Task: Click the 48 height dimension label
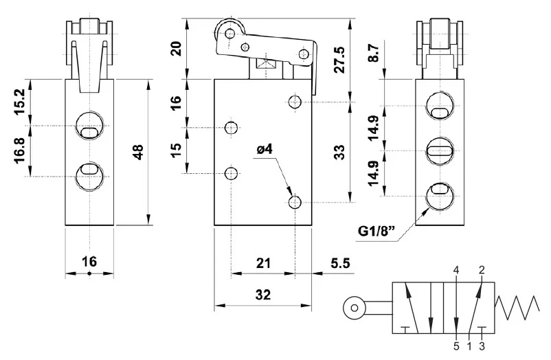pos(139,152)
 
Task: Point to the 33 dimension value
pos(338,153)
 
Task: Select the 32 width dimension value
pos(262,295)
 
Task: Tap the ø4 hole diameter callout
pos(265,148)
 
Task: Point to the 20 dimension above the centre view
pos(176,49)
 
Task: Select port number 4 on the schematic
pos(456,270)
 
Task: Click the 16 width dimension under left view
pos(89,261)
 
